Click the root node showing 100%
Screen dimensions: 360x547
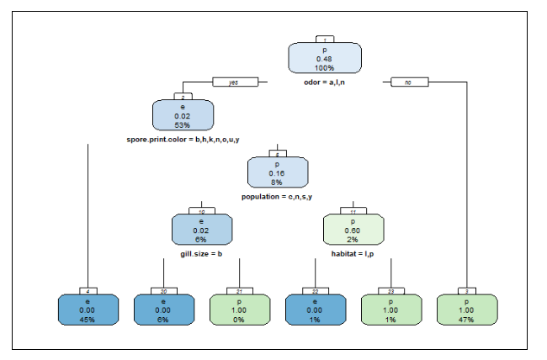(325, 58)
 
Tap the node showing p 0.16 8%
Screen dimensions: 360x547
(277, 172)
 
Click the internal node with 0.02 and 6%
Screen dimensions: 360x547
(201, 230)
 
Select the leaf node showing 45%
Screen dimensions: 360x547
(88, 310)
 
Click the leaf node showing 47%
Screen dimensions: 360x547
(465, 310)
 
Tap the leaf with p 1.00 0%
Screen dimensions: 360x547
(239, 310)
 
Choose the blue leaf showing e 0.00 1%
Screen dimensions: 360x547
(315, 310)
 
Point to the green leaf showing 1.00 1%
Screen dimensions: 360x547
(390, 310)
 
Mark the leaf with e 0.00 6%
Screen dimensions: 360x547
(163, 310)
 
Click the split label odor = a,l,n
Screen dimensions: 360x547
(325, 82)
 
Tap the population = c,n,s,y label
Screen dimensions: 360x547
(277, 196)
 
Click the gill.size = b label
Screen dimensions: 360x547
(201, 252)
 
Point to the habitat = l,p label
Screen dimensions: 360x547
(353, 252)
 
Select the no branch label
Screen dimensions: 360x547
(409, 82)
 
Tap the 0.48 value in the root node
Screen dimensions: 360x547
(325, 58)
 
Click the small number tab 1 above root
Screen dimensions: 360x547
(325, 40)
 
